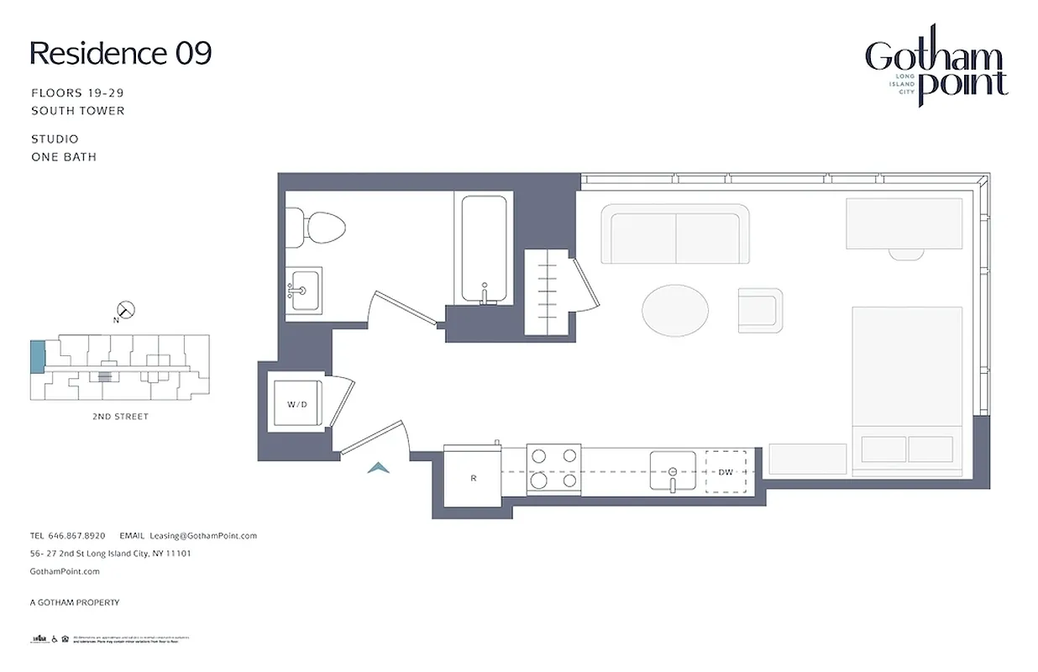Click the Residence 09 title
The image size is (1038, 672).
[x=121, y=54]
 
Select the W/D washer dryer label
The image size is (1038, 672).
[x=296, y=404]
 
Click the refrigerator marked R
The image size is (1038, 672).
[x=473, y=477]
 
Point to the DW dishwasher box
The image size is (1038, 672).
[x=726, y=472]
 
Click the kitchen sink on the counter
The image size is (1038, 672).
[x=672, y=471]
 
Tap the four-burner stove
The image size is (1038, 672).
[x=553, y=469]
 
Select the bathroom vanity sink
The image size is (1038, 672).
[x=302, y=291]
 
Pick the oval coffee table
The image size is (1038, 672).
[x=674, y=310]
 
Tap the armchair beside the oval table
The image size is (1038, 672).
[x=760, y=310]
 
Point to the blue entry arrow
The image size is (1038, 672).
[x=379, y=468]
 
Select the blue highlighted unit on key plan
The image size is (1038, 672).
[x=37, y=357]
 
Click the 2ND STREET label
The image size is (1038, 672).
[x=119, y=417]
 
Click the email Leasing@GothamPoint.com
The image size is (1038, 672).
[x=202, y=535]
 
